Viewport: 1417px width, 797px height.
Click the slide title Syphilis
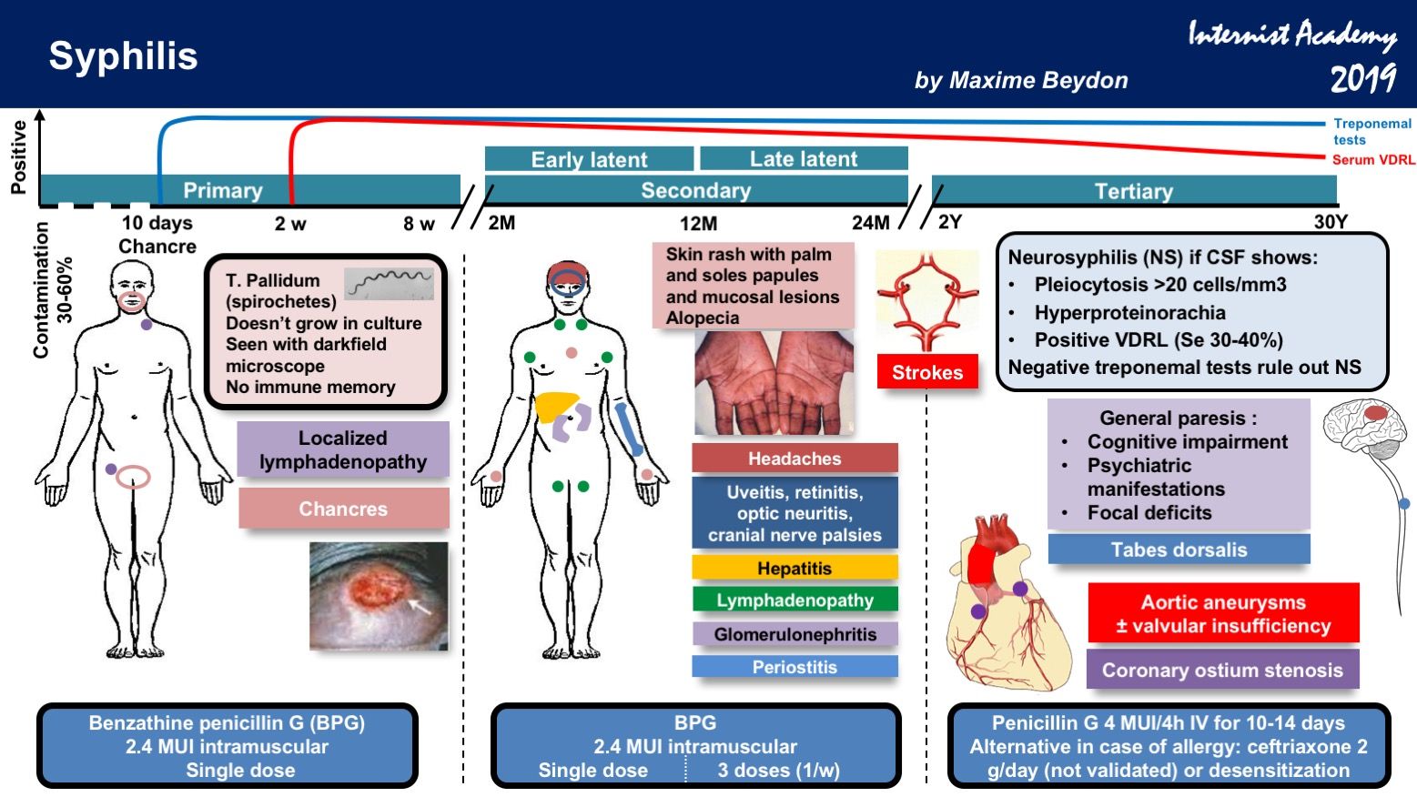(x=123, y=56)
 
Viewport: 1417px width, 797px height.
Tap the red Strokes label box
(x=926, y=372)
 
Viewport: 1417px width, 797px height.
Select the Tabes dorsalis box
(x=1179, y=550)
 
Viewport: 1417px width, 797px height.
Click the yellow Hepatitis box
(x=795, y=569)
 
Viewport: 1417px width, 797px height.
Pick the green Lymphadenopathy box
(x=795, y=600)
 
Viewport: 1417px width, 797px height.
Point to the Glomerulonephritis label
(x=795, y=634)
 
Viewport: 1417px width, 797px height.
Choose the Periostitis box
(x=795, y=667)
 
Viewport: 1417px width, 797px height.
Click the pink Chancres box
(x=343, y=509)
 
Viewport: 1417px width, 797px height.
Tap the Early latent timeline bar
(x=589, y=159)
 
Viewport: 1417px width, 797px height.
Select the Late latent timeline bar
(x=804, y=159)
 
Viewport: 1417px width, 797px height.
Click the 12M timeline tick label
(x=698, y=224)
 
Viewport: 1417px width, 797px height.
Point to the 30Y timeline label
(x=1330, y=223)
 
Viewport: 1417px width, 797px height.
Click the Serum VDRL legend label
(x=1372, y=160)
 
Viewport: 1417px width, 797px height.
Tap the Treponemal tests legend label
(x=1371, y=131)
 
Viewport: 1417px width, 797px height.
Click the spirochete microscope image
(x=389, y=283)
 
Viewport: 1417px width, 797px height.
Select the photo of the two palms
(x=774, y=383)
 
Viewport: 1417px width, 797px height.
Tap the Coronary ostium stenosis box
(x=1221, y=671)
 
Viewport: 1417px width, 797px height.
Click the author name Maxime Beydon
(x=1020, y=81)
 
